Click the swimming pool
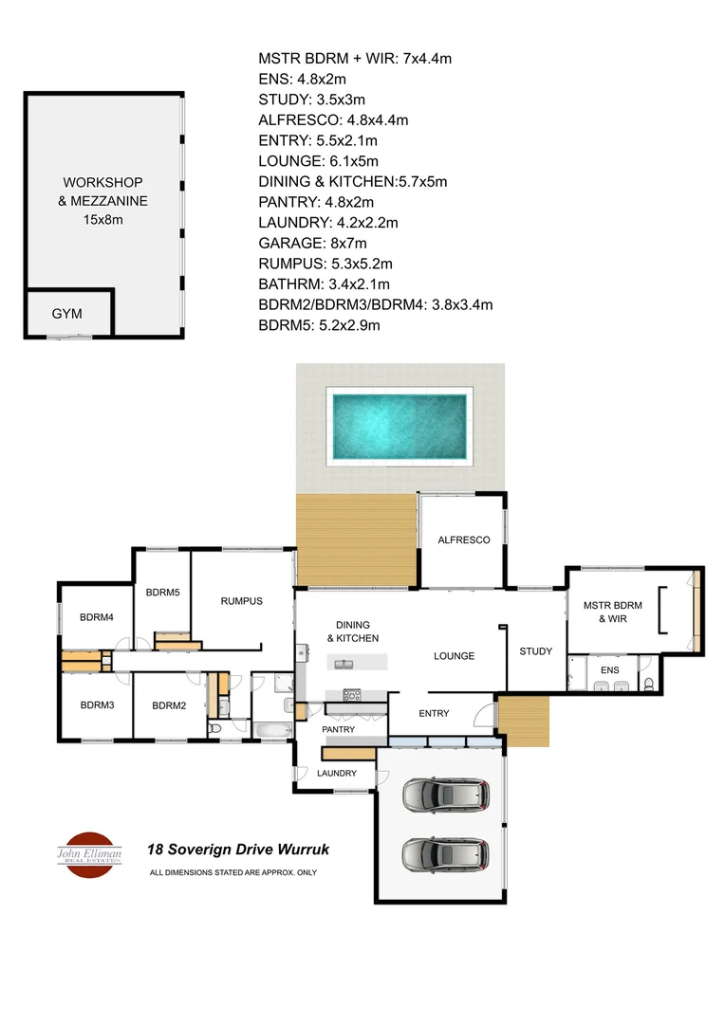pyautogui.click(x=399, y=427)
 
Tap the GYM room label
pyautogui.click(x=66, y=312)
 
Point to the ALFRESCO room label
pyautogui.click(x=463, y=539)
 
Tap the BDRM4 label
pyautogui.click(x=97, y=617)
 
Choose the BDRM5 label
pyautogui.click(x=163, y=593)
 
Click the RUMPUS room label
pyautogui.click(x=241, y=601)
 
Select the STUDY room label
pyautogui.click(x=535, y=651)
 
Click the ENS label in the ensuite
pyautogui.click(x=610, y=668)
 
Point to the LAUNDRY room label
pyautogui.click(x=337, y=774)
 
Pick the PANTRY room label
pyautogui.click(x=338, y=729)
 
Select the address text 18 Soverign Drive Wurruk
pyautogui.click(x=237, y=850)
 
